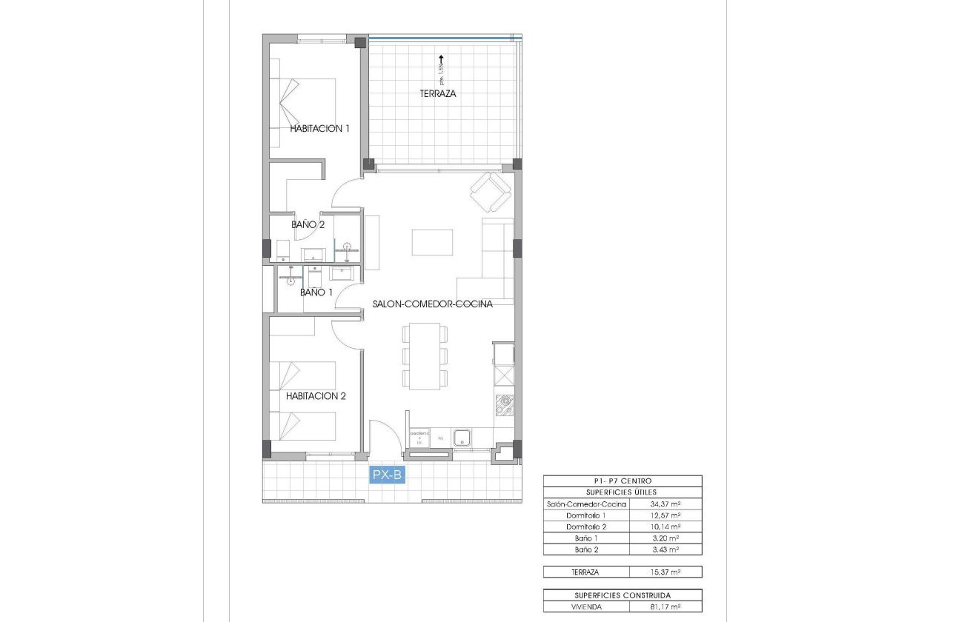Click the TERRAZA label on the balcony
tap(437, 94)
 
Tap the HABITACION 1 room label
tap(319, 128)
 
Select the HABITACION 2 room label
tap(316, 395)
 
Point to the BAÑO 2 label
tap(308, 224)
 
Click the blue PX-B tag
tap(387, 475)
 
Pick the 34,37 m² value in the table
tap(665, 504)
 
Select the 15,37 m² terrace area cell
tap(665, 572)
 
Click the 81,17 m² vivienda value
tap(665, 606)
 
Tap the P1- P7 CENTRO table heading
tap(622, 481)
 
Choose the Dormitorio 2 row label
tap(586, 526)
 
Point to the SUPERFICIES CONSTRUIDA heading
tap(622, 595)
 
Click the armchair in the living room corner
tap(491, 192)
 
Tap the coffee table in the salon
tap(432, 242)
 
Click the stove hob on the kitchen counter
tap(505, 404)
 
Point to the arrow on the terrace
tap(442, 59)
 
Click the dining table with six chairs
tap(425, 356)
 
